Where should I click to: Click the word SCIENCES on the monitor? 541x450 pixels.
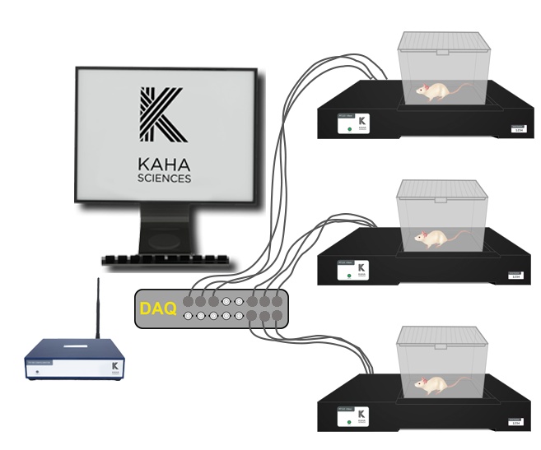166,177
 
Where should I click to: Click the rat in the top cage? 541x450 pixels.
435,92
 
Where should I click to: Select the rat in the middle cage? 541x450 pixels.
431,238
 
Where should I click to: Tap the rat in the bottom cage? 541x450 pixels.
434,381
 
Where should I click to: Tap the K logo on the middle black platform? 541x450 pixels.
361,269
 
